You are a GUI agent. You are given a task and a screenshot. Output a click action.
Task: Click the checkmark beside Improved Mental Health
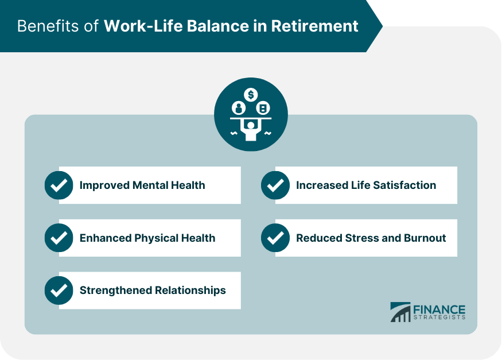click(59, 185)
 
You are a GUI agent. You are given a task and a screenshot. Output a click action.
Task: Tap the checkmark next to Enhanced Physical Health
click(59, 238)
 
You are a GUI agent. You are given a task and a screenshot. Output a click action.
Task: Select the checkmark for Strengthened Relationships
click(59, 290)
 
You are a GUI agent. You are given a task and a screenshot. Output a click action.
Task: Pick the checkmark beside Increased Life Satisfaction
click(275, 185)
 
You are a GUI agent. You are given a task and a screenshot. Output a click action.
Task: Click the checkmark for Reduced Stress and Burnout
click(275, 238)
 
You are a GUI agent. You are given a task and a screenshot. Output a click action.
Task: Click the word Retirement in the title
click(315, 26)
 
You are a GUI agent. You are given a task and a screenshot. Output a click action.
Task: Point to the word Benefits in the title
click(48, 26)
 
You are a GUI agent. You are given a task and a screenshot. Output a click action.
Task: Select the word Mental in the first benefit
click(150, 185)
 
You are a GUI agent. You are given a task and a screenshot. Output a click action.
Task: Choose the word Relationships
click(190, 291)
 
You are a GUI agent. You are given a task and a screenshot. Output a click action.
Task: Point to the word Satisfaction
click(404, 185)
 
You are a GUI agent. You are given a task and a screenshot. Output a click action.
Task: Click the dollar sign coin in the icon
click(251, 95)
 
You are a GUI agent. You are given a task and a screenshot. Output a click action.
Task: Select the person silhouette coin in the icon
click(239, 108)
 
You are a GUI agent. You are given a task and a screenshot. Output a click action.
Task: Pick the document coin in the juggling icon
click(263, 108)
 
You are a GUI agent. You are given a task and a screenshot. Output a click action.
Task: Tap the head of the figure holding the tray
click(251, 125)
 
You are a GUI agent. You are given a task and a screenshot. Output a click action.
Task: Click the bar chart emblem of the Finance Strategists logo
click(400, 312)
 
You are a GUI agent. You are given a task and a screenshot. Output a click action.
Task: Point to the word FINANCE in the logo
click(439, 309)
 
